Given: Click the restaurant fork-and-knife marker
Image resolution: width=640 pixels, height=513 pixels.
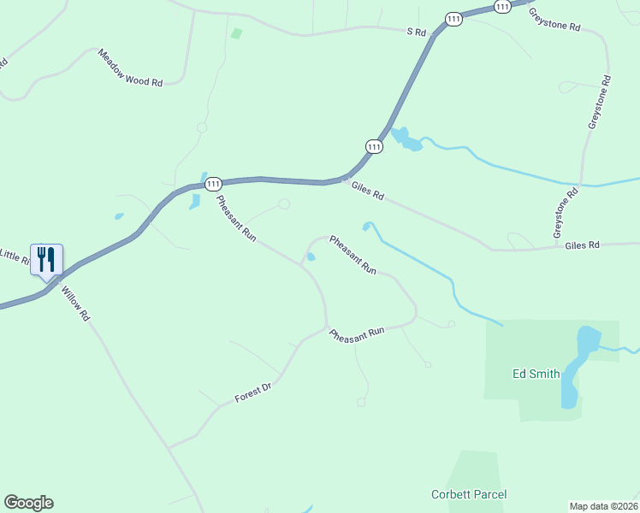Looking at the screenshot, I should pos(46,258).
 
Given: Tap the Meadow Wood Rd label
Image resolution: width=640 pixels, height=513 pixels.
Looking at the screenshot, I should pos(130,68).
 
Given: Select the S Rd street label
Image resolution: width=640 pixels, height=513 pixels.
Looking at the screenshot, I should pos(416,32).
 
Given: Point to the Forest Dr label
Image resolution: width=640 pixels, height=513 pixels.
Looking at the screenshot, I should pos(253,393).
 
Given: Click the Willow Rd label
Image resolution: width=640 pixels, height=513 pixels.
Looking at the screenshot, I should pos(75,303).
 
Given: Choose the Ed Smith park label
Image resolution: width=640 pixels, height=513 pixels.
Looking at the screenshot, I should pos(536,374).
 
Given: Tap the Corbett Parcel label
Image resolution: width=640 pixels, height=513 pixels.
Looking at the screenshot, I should pos(468,494).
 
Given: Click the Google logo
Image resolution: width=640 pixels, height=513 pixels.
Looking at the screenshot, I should pos(28,503).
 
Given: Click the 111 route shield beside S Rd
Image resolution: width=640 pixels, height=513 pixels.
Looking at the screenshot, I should pos(453,19).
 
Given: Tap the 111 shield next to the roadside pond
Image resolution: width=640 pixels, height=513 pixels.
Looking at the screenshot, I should pos(374,146).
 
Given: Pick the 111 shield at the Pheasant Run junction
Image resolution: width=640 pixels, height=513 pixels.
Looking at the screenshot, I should pos(214,184).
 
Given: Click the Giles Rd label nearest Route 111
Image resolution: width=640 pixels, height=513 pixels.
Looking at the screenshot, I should pos(367,192).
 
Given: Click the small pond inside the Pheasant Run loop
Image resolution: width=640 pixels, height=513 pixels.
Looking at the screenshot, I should pos(311,256).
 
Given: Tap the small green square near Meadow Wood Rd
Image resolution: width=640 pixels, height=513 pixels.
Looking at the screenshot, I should pos(236,33).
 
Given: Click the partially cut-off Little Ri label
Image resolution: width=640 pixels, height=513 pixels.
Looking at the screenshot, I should pos(15,255).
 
